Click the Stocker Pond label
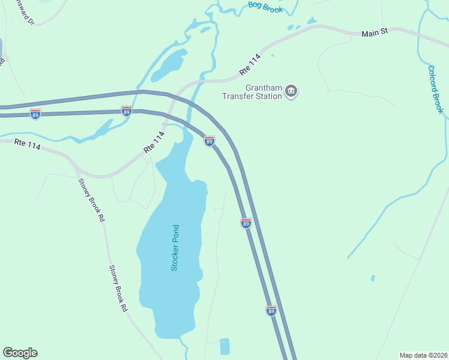(x=175, y=247)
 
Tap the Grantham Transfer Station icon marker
(x=292, y=91)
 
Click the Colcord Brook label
(x=435, y=89)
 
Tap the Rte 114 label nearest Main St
(x=250, y=64)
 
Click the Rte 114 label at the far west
(x=27, y=145)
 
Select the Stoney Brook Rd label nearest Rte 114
(x=92, y=200)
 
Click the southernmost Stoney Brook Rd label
(x=118, y=288)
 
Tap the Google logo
(x=20, y=353)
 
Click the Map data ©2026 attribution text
(x=423, y=354)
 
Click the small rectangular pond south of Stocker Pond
(x=224, y=346)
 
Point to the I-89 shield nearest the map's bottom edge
(x=271, y=310)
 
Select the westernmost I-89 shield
(x=35, y=113)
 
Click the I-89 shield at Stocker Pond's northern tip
(x=209, y=141)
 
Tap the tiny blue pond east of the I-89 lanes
(x=373, y=278)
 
